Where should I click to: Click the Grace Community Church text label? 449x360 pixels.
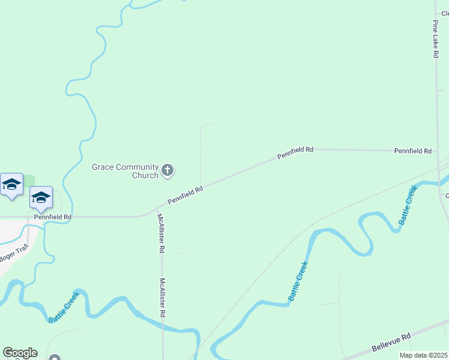pos(125,171)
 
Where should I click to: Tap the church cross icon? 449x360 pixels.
pos(168,171)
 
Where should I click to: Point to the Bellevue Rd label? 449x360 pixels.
pos(390,343)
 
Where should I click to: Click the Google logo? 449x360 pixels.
pos(20,353)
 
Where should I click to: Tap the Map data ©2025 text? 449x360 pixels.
pos(423,355)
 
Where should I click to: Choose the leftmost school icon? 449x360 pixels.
pos(11,184)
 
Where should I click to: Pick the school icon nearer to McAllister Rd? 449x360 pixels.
pos(41,197)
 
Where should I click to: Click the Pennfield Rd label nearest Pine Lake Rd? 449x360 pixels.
pos(413,151)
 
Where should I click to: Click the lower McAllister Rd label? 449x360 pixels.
pos(163,297)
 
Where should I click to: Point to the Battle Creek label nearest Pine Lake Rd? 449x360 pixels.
pos(408,205)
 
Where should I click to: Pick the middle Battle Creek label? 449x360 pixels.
pos(298,281)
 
